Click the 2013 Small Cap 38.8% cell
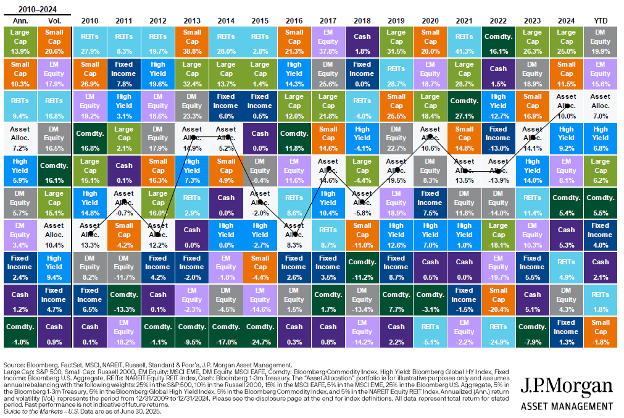(x=193, y=41)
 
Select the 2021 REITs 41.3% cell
(x=464, y=41)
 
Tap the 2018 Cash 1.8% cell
(x=362, y=41)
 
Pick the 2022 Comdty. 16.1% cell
(x=498, y=41)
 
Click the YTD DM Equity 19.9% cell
(x=600, y=41)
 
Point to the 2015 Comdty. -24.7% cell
(x=260, y=332)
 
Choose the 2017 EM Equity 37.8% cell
(x=328, y=41)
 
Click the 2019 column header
(x=396, y=20)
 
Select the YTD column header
(x=599, y=20)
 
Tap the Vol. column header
(x=54, y=20)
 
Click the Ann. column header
(x=20, y=20)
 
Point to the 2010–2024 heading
(x=37, y=8)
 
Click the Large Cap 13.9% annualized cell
(x=20, y=41)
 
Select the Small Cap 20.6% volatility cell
(x=54, y=41)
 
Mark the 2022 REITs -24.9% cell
(x=498, y=332)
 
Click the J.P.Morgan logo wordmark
(x=567, y=387)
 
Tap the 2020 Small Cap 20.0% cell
(x=430, y=41)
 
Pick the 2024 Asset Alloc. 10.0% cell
(x=566, y=106)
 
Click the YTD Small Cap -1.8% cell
(x=600, y=332)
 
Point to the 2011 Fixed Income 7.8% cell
(x=124, y=73)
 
